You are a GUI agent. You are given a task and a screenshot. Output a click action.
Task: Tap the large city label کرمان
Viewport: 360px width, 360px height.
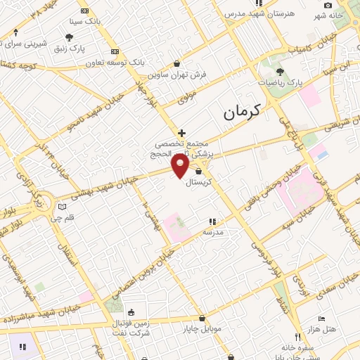click(x=240, y=110)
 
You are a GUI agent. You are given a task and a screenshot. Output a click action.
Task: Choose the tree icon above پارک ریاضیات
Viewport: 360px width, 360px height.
click(x=280, y=71)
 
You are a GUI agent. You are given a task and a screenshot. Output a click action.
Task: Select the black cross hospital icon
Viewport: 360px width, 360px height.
click(x=181, y=132)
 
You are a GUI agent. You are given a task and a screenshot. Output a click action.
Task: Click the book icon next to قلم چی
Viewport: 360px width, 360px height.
click(x=62, y=207)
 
